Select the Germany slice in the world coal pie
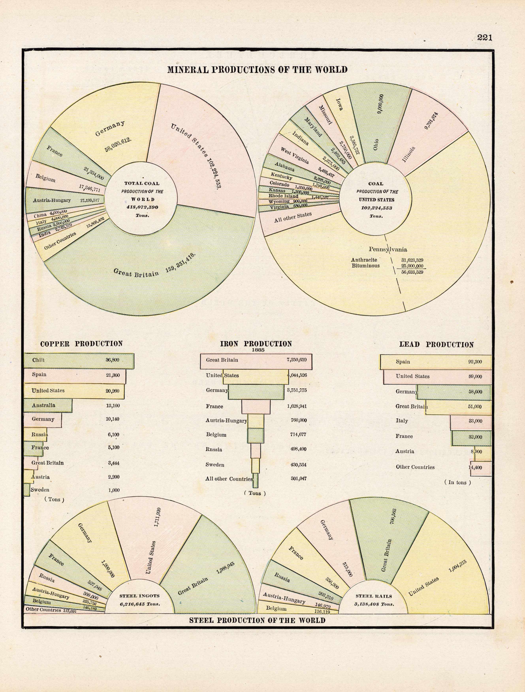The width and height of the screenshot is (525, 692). click(103, 125)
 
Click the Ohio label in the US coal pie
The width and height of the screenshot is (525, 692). click(376, 144)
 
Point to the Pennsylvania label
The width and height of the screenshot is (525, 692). click(388, 249)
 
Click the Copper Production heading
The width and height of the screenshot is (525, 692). click(81, 344)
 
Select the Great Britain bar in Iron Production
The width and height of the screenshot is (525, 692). click(256, 361)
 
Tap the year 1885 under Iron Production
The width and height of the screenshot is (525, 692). click(258, 350)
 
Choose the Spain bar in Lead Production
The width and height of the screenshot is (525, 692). click(436, 362)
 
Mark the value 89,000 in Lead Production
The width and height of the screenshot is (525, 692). click(475, 377)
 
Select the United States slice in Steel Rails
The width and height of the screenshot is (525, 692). click(437, 569)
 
